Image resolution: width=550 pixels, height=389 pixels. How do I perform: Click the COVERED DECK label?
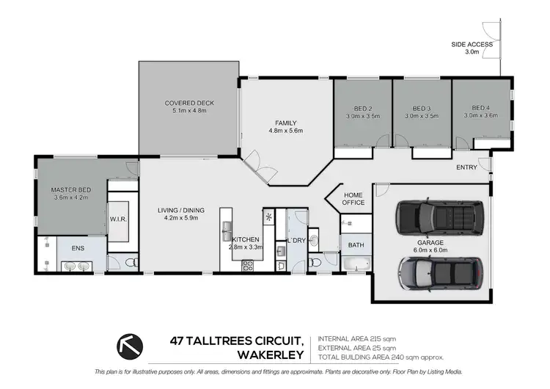pyautogui.click(x=189, y=103)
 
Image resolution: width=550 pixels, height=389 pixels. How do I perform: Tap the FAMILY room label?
pyautogui.click(x=285, y=123)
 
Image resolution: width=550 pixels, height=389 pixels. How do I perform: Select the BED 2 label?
pyautogui.click(x=362, y=107)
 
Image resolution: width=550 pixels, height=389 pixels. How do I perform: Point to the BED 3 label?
pyautogui.click(x=421, y=107)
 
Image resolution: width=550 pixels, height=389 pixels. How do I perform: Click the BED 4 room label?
pyautogui.click(x=480, y=107)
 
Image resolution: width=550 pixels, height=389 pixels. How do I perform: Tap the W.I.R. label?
pyautogui.click(x=119, y=218)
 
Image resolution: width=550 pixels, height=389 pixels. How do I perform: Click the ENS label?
pyautogui.click(x=78, y=248)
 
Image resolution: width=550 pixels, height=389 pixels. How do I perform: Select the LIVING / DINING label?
pyautogui.click(x=180, y=211)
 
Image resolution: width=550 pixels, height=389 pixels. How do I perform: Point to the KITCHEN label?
pyautogui.click(x=246, y=240)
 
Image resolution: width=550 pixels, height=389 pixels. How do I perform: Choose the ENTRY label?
pyautogui.click(x=466, y=167)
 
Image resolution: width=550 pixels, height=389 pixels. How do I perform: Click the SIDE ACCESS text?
pyautogui.click(x=472, y=45)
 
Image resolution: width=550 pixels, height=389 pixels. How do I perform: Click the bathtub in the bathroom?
pyautogui.click(x=357, y=263)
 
